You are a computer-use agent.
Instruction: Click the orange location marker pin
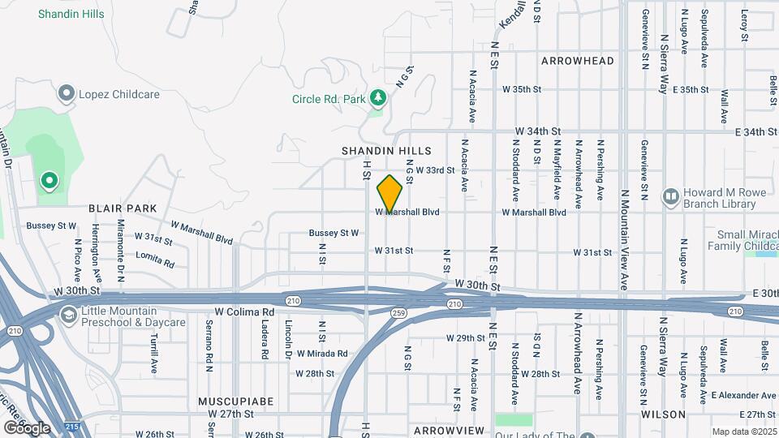(x=390, y=195)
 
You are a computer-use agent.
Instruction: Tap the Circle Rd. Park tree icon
(x=377, y=98)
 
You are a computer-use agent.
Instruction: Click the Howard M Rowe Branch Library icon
(x=670, y=195)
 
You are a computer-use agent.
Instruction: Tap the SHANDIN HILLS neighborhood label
(x=385, y=151)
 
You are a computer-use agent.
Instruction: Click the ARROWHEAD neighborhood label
(x=578, y=61)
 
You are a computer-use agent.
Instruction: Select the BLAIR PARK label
(x=123, y=208)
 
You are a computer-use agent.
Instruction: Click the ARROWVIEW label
(x=449, y=430)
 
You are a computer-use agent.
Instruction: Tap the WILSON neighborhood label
(x=663, y=414)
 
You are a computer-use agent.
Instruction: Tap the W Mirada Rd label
(x=321, y=354)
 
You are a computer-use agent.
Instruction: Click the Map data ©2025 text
(x=743, y=432)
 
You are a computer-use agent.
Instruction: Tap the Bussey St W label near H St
(x=334, y=233)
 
